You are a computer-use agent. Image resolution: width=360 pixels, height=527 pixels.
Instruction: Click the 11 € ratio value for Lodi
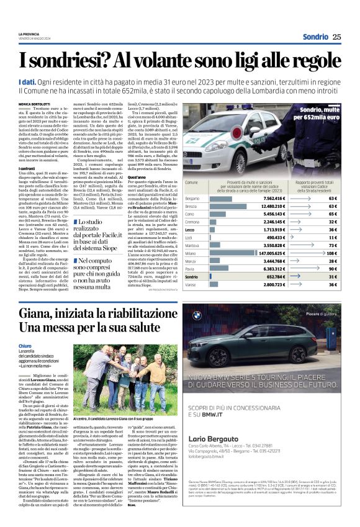(x=332, y=237)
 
